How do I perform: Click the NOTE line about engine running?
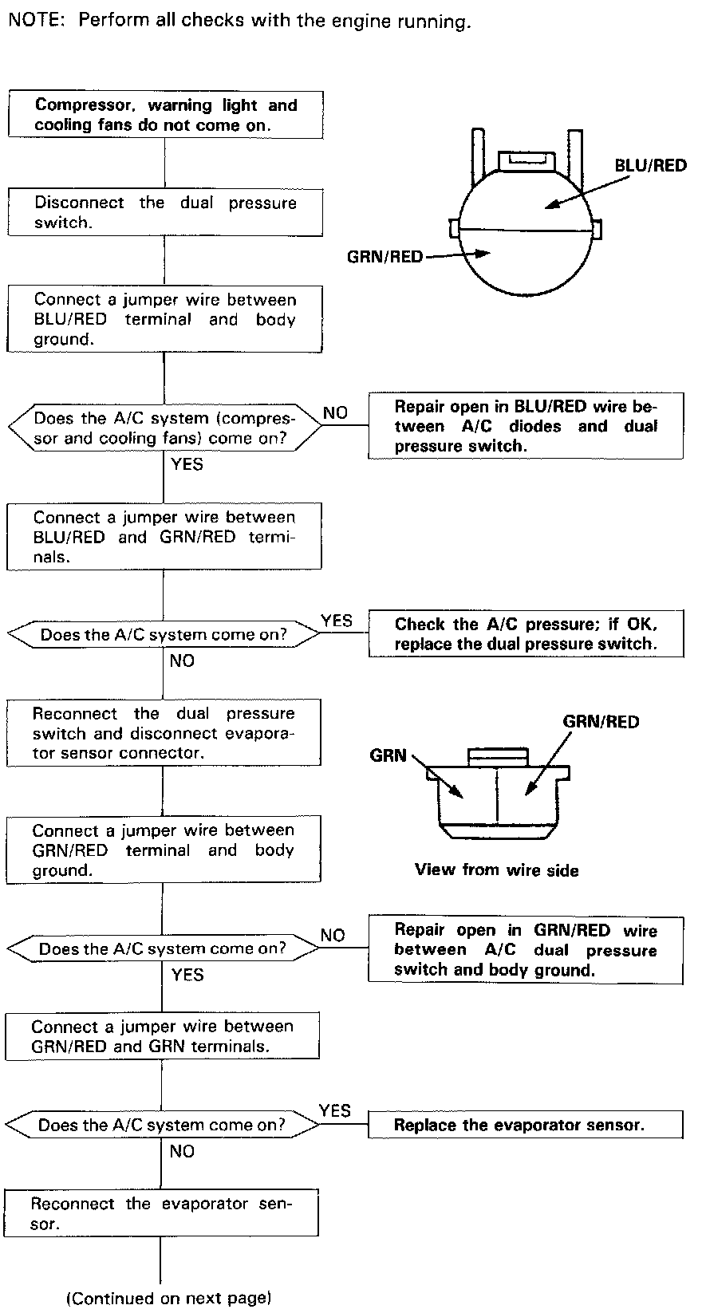pos(239,22)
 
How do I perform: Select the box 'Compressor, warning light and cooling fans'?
pos(165,115)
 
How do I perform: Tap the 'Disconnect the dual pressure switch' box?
pos(165,212)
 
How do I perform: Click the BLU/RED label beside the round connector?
pos(650,165)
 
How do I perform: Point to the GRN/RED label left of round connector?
pos(385,257)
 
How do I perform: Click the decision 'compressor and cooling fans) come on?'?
pos(164,428)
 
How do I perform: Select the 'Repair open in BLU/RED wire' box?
pos(526,426)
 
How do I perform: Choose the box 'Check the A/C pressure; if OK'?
pos(526,634)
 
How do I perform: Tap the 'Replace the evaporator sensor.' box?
pos(526,1125)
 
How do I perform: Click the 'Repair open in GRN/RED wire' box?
pos(526,949)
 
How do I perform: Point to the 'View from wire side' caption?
pos(496,869)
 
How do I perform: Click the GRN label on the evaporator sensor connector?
pos(388,755)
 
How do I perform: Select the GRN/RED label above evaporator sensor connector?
pos(601,722)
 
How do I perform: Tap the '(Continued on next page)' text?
pos(169,1298)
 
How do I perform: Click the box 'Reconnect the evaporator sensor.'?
pos(161,1213)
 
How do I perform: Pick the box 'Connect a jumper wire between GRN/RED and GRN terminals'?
pos(163,1035)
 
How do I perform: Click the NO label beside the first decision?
pos(335,412)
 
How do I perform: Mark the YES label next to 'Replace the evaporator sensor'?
pos(334,1110)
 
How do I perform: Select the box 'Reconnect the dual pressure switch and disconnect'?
pos(164,733)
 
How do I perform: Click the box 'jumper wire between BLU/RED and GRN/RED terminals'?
pos(164,536)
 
